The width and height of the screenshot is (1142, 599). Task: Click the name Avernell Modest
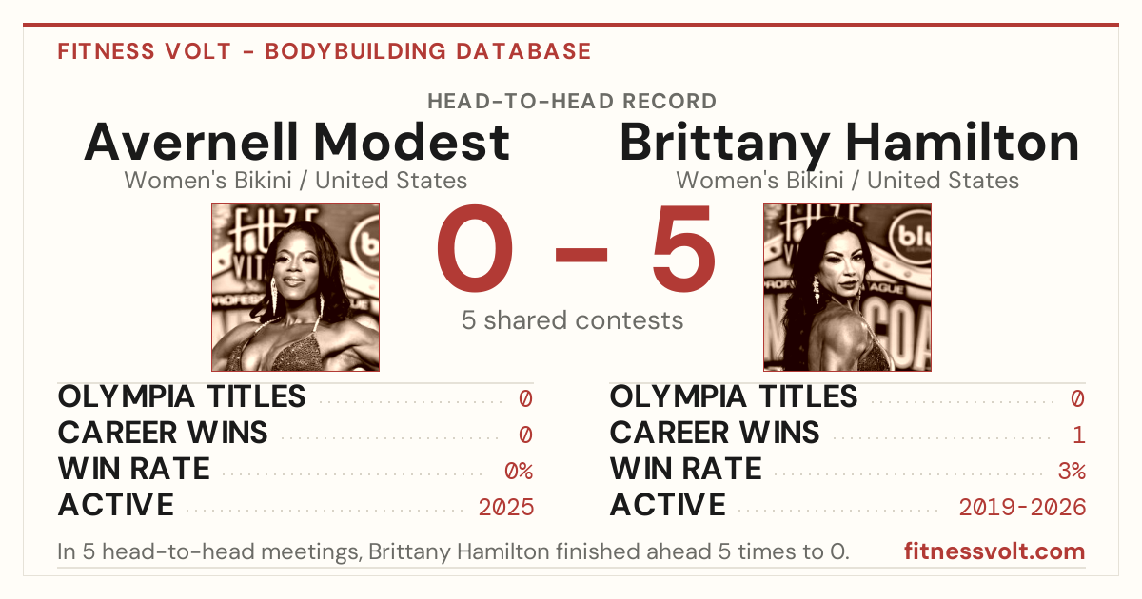297,142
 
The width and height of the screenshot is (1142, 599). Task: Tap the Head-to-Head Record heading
572,102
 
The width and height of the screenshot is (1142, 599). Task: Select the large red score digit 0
475,248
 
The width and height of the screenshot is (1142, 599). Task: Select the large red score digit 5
683,248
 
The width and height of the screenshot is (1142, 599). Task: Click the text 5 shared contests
572,320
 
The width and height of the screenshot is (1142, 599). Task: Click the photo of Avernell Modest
296,288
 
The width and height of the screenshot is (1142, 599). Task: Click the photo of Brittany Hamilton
847,288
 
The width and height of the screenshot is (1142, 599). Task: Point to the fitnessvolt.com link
994,551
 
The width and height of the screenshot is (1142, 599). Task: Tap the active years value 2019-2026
1022,508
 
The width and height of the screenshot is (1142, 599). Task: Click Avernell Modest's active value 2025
505,508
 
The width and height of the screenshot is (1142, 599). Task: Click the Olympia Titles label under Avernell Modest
182,396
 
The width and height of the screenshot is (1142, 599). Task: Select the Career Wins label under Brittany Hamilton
715,433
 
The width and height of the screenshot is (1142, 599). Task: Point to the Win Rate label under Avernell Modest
133,469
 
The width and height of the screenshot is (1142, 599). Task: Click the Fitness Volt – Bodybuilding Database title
325,51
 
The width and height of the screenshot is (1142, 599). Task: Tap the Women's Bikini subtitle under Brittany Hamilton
847,181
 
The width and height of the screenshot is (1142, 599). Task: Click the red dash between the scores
581,255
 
